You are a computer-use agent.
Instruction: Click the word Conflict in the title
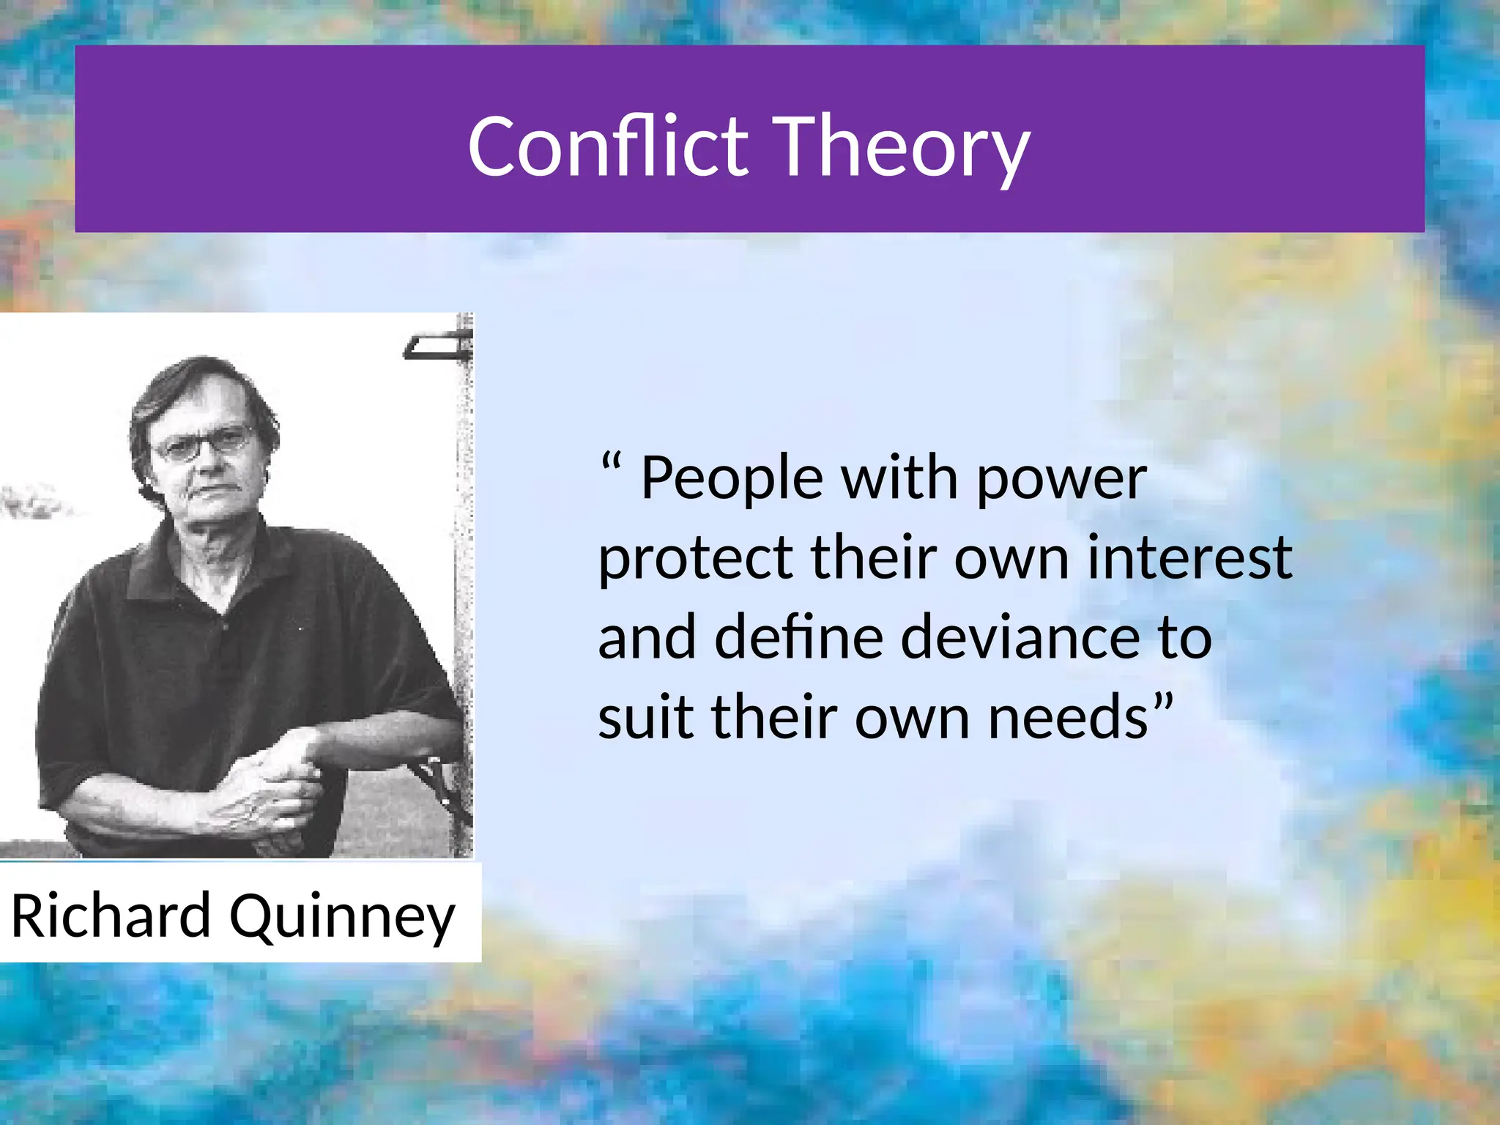coord(608,146)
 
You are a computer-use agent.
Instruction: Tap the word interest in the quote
coord(1189,558)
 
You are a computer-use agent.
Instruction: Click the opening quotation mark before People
coord(611,463)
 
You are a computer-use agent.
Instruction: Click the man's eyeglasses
coord(205,443)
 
